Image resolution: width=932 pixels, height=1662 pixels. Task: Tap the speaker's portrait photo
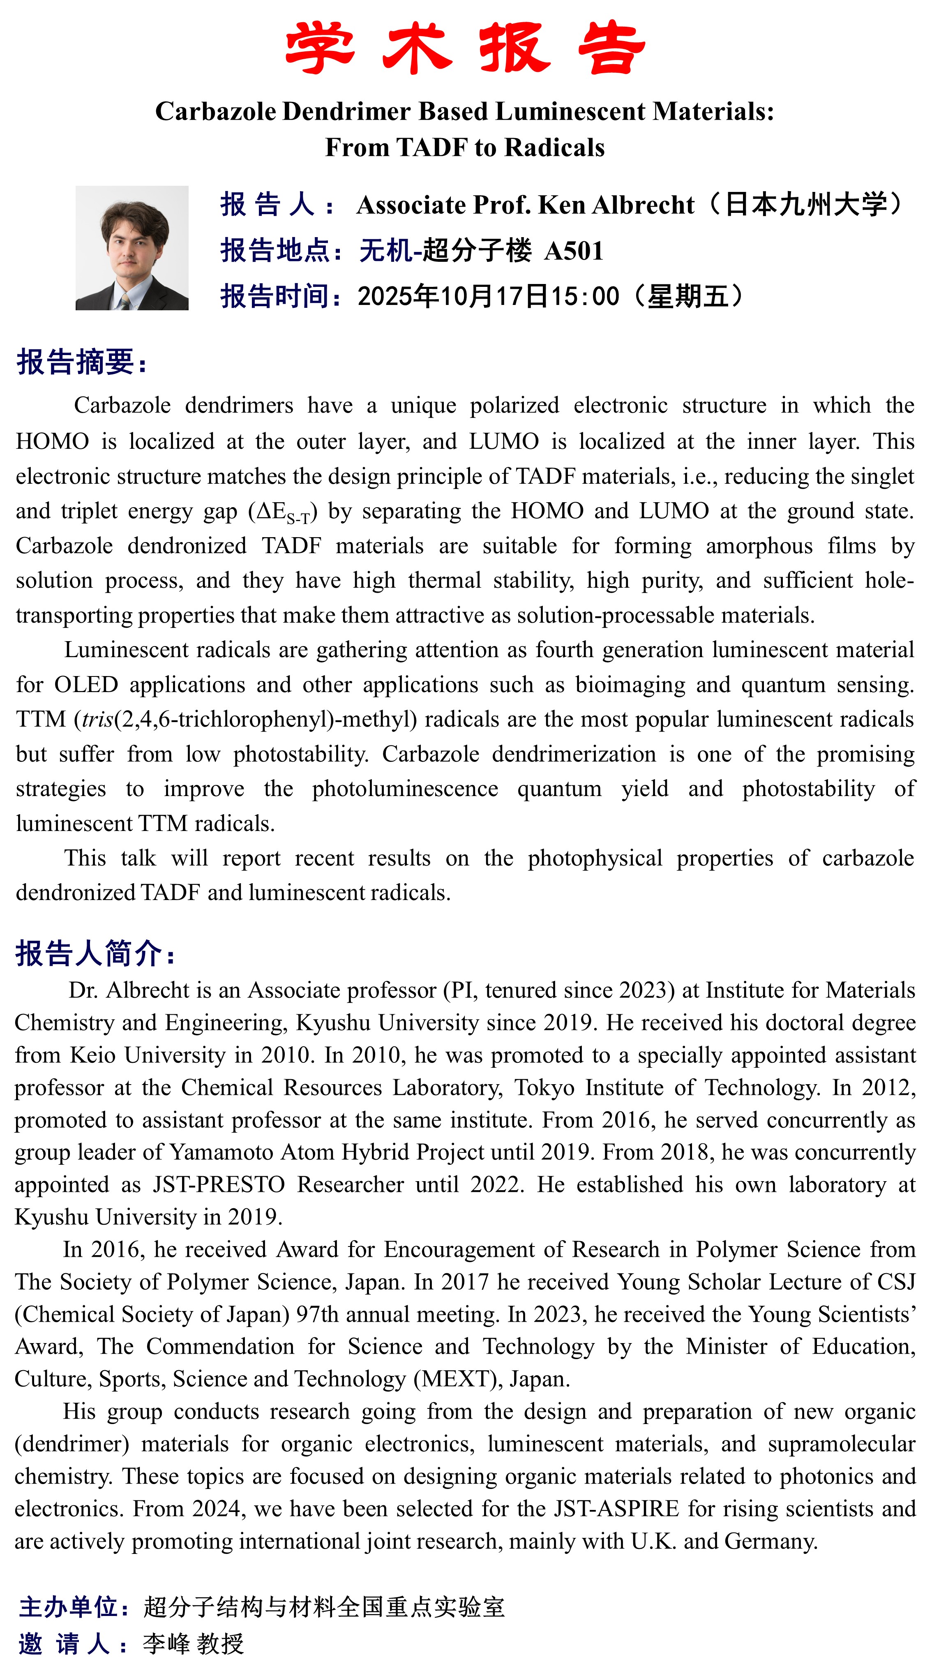coord(131,248)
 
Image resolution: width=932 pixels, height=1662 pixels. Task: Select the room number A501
coord(573,251)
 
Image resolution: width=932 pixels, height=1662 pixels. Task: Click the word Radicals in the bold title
coord(555,148)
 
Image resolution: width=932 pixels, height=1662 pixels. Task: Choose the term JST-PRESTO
coord(219,1184)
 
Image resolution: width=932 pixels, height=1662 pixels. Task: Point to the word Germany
coord(770,1541)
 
